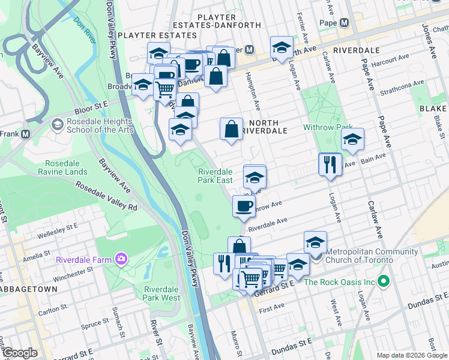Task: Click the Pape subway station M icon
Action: (x=344, y=23)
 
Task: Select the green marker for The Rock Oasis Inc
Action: (x=385, y=281)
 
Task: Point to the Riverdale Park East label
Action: (x=215, y=176)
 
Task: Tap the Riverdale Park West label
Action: (x=162, y=293)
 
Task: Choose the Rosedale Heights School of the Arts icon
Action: (x=58, y=125)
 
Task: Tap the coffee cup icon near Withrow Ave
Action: (x=244, y=206)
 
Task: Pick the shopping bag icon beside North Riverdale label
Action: (x=232, y=128)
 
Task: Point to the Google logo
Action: (x=19, y=353)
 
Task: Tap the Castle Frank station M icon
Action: (x=25, y=134)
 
